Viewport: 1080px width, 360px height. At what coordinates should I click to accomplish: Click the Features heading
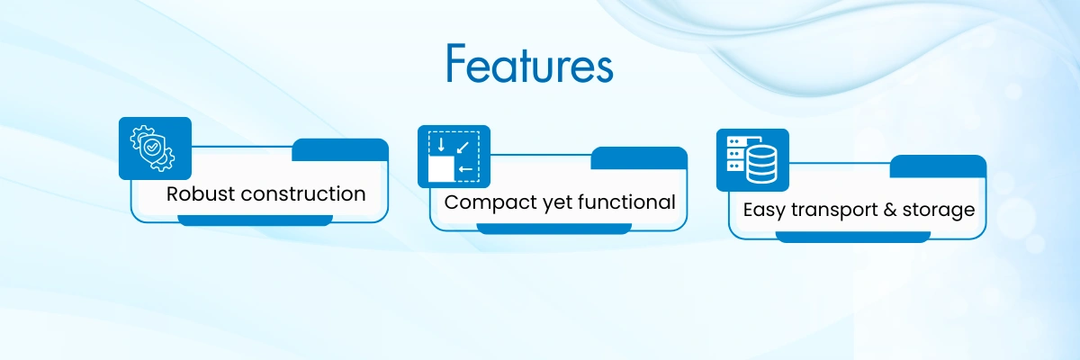pyautogui.click(x=529, y=64)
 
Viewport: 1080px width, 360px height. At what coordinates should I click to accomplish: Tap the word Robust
pyautogui.click(x=200, y=193)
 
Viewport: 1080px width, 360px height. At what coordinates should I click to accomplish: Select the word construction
pyautogui.click(x=302, y=193)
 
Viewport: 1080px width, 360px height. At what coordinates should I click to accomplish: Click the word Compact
pyautogui.click(x=490, y=202)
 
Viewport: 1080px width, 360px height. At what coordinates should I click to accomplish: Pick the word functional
pyautogui.click(x=626, y=202)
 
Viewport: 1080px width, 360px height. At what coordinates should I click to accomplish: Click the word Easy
pyautogui.click(x=764, y=211)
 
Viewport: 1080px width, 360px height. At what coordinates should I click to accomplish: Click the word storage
pyautogui.click(x=938, y=211)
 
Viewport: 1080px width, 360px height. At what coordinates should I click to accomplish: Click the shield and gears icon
pyautogui.click(x=152, y=148)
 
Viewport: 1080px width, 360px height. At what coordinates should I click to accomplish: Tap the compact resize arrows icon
pyautogui.click(x=454, y=157)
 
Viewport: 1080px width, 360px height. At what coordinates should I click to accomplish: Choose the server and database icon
pyautogui.click(x=752, y=160)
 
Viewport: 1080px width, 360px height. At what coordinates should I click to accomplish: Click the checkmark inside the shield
pyautogui.click(x=152, y=147)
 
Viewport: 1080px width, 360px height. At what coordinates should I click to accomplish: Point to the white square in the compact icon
pyautogui.click(x=441, y=168)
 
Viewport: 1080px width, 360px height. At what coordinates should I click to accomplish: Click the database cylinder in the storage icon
pyautogui.click(x=761, y=165)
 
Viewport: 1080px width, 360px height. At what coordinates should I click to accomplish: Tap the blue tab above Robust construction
pyautogui.click(x=340, y=150)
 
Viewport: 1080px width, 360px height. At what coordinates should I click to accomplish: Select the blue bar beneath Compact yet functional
pyautogui.click(x=554, y=229)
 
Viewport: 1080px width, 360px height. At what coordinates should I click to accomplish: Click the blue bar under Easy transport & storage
pyautogui.click(x=853, y=237)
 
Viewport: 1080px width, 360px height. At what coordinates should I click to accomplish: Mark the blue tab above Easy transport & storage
pyautogui.click(x=938, y=166)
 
